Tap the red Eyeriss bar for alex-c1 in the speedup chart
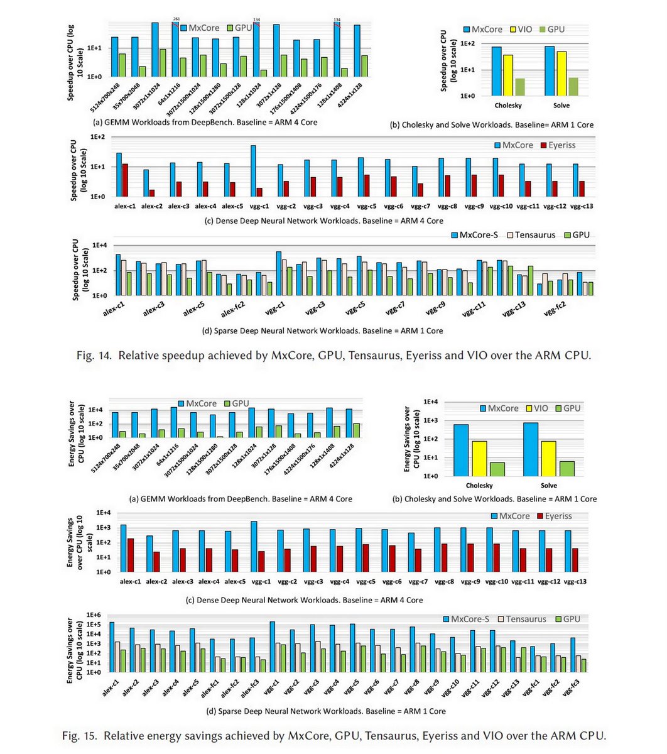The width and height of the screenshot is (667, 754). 126,180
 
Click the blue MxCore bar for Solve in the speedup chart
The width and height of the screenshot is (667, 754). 550,71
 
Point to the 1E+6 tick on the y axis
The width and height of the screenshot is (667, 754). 94,615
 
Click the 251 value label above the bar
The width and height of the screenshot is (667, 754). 176,19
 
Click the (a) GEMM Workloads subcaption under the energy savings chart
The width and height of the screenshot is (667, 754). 240,499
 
